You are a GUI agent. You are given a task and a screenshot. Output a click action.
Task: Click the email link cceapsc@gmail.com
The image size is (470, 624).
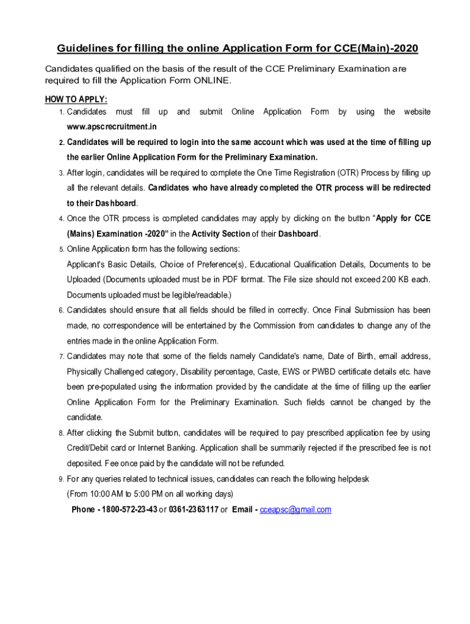coord(295,509)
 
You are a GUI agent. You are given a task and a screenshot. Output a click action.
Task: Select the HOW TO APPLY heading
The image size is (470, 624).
coord(76,99)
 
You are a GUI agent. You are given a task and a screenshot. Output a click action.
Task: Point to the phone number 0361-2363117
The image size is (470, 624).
coord(193,509)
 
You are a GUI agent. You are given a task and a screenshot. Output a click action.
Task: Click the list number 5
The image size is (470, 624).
coord(62,249)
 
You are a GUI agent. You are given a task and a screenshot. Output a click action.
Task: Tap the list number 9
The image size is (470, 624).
coord(62,479)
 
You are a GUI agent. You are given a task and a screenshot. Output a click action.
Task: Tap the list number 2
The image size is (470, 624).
coord(62,143)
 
